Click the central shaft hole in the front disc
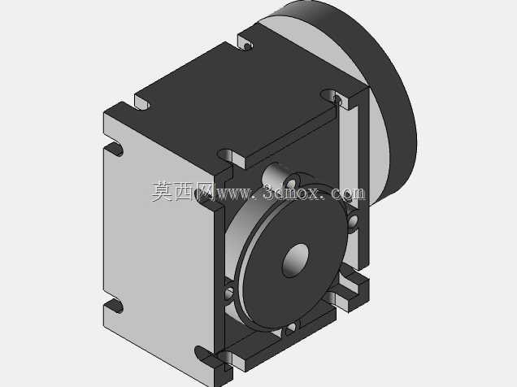pos(295,260)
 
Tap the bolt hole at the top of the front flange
pos(291,182)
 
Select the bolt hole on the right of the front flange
pos(353,220)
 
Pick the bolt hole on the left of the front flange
pos(228,293)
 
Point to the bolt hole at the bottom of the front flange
pos(291,328)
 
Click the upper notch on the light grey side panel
pos(114,150)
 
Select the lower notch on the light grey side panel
pos(114,306)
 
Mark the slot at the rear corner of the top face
pos(245,44)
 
